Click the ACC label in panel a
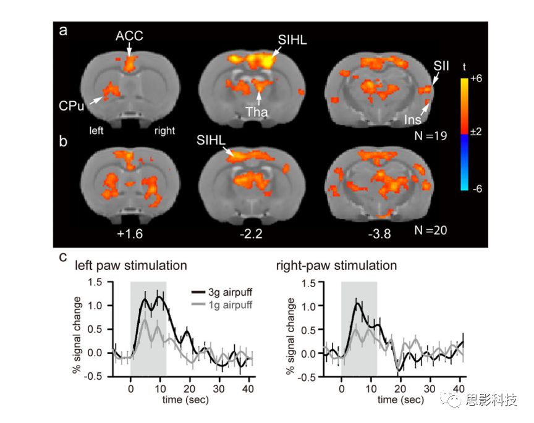coord(129,36)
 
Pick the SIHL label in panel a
coord(292,40)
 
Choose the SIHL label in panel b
coord(210,141)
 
